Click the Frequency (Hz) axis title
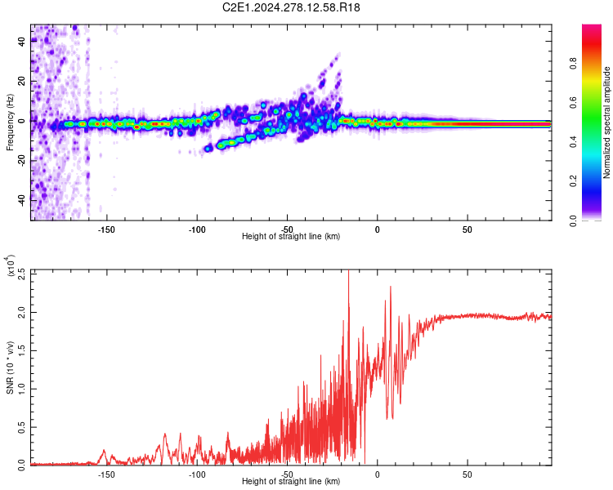coord(10,122)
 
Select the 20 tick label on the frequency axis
coord(22,82)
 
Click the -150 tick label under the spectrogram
coord(106,229)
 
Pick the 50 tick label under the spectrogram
coord(467,229)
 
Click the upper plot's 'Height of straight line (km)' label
coord(291,237)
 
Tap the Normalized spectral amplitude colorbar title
coord(606,122)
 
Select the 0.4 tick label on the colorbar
coord(597,141)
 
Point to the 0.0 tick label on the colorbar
coord(597,220)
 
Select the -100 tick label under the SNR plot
coord(196,473)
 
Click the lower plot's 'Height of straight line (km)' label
coord(291,482)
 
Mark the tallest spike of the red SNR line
coord(349,272)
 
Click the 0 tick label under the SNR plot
coord(377,473)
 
